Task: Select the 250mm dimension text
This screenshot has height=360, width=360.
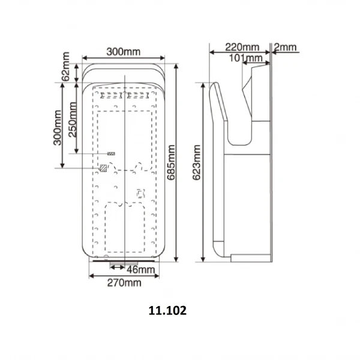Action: pos(73,119)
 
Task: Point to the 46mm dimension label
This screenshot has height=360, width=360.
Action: pos(141,270)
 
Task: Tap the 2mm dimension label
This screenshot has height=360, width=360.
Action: pos(285,47)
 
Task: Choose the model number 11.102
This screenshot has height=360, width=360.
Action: pos(167,311)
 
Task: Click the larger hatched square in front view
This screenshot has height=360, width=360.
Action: pos(104,169)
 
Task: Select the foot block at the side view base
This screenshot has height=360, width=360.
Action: pos(252,259)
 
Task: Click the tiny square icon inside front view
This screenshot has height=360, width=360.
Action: pos(141,193)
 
